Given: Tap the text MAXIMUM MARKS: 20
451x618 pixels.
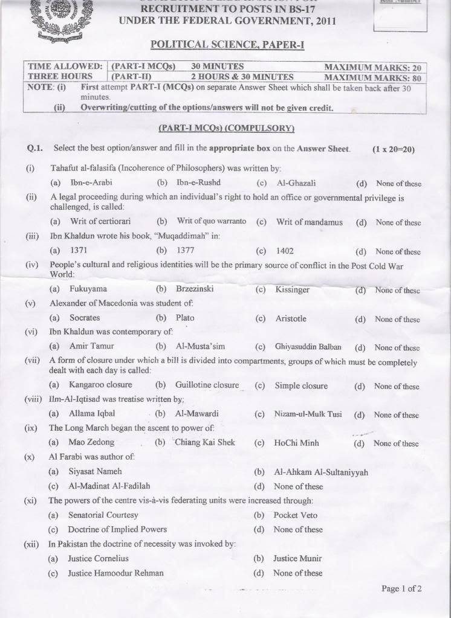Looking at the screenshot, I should [x=372, y=67].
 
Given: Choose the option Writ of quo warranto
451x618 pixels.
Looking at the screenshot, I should [x=211, y=222].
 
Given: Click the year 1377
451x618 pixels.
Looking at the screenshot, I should [x=185, y=250].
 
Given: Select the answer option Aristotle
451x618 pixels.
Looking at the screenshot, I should [x=291, y=318].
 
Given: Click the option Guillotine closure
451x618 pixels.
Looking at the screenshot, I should [x=207, y=385].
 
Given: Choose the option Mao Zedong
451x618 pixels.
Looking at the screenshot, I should [x=91, y=443].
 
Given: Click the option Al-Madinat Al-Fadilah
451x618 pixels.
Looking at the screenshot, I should [x=109, y=486].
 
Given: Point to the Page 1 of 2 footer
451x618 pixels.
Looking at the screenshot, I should [x=401, y=588].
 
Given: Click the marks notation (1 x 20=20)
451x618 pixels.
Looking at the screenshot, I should [x=394, y=149].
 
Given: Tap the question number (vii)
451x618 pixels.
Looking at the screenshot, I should [x=31, y=361].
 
